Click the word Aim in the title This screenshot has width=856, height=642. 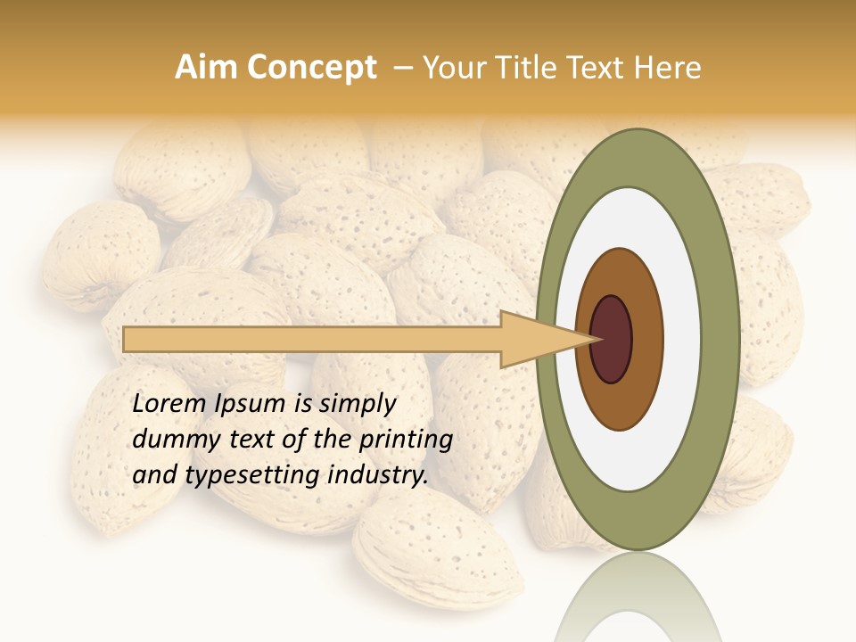pos(206,68)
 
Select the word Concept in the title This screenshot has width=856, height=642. pos(311,68)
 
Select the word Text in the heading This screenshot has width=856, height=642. pos(597,68)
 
